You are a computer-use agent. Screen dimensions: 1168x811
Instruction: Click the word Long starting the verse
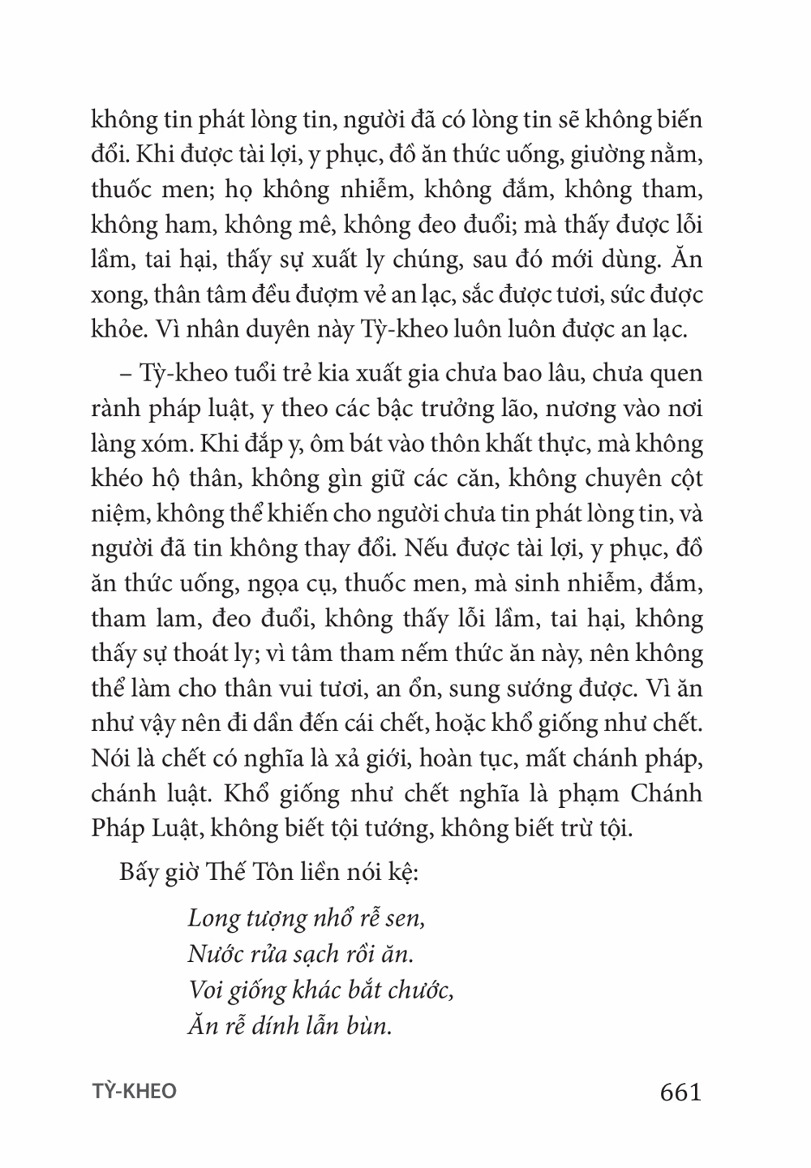(212, 919)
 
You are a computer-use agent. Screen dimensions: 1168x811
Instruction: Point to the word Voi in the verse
(205, 990)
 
